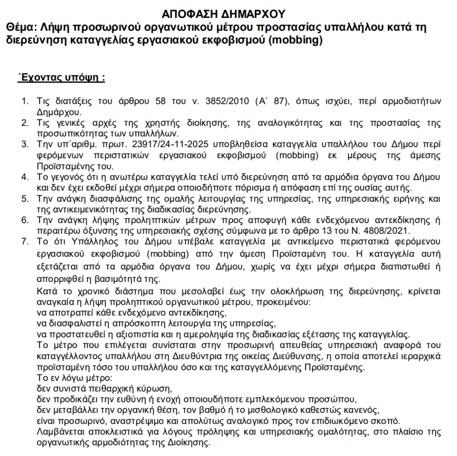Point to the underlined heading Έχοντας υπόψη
tap(61, 78)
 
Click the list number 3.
tap(25, 146)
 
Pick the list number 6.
tap(25, 219)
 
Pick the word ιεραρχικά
tap(419, 357)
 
